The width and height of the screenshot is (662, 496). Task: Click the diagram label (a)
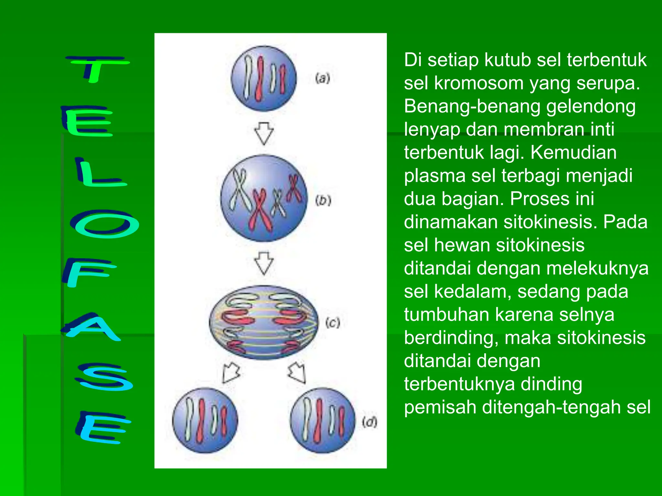point(323,78)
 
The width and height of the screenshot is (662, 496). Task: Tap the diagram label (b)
point(323,201)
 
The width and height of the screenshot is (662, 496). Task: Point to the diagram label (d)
point(369,422)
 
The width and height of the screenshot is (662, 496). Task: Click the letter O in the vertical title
point(104,224)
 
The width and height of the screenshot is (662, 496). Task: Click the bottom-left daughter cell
point(205,420)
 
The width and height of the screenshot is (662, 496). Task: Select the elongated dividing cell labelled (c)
point(263,322)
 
